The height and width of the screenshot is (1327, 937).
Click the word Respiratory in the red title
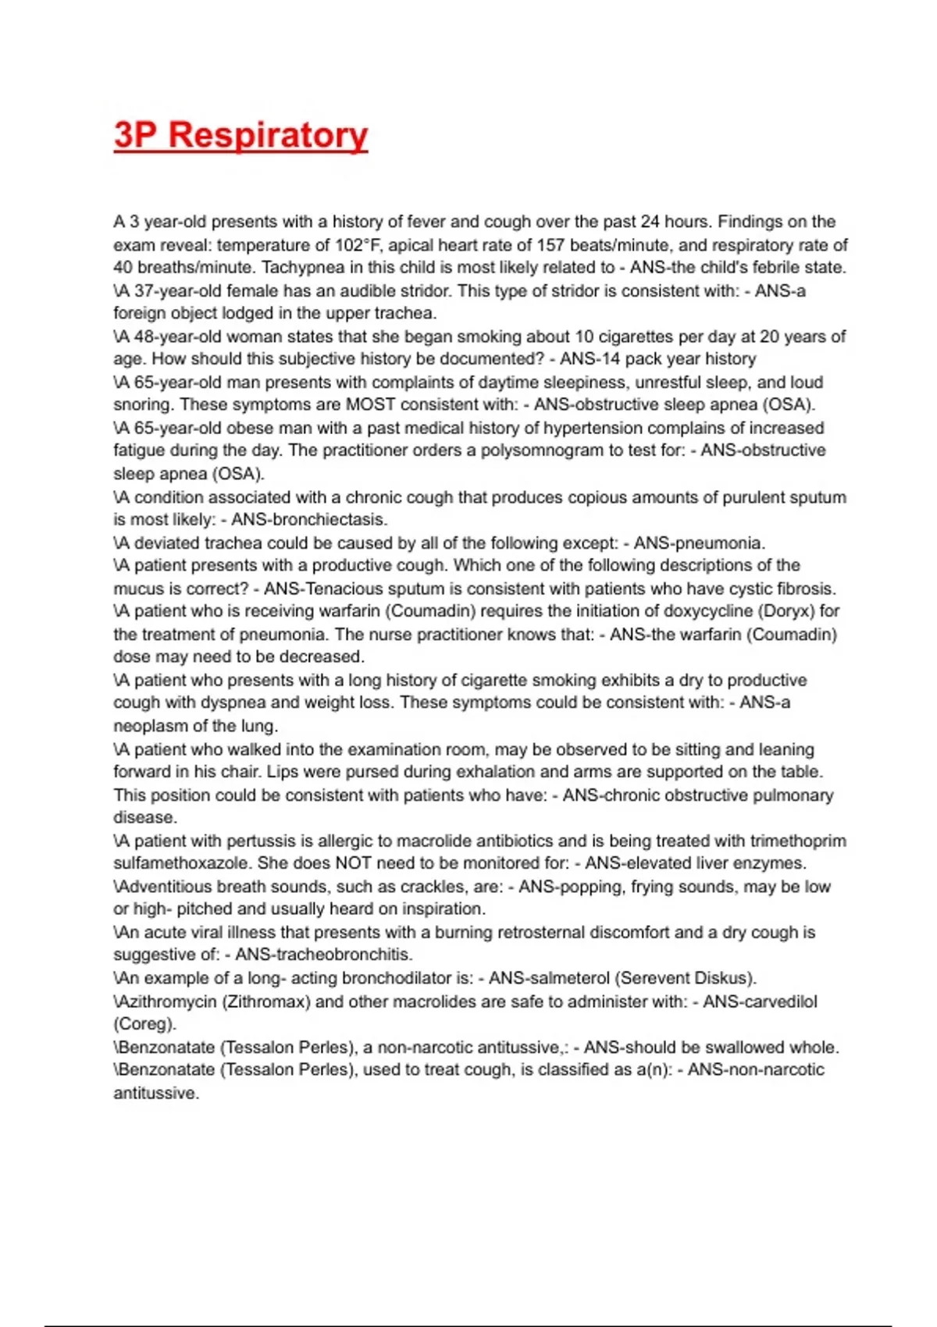pos(268,135)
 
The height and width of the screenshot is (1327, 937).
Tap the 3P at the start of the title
pos(137,135)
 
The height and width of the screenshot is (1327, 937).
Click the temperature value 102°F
pos(359,245)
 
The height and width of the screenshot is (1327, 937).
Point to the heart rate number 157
pos(550,245)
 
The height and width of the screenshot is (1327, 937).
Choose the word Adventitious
pos(164,887)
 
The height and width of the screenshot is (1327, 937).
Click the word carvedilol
pos(780,1001)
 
